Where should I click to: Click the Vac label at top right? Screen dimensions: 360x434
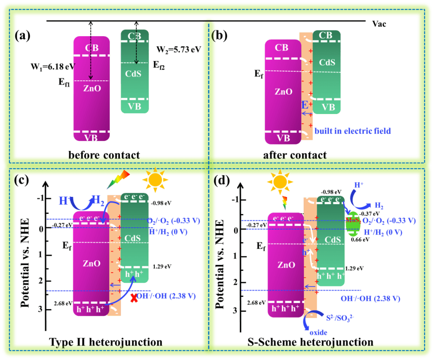click(379, 24)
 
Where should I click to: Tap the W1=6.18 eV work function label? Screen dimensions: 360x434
click(46, 67)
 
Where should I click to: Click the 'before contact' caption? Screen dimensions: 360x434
click(104, 155)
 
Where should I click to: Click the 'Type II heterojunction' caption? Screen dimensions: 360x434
click(106, 342)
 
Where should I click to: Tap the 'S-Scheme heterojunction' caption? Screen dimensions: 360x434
click(310, 342)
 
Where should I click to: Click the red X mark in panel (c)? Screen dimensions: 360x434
click(134, 297)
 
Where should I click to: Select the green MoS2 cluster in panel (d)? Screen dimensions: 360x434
click(352, 222)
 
